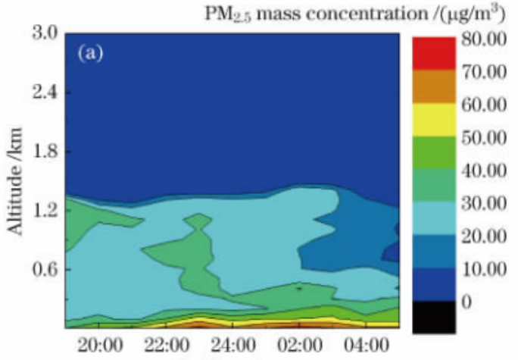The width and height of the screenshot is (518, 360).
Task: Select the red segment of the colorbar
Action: (x=434, y=53)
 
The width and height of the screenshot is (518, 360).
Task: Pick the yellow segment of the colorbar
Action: (x=434, y=119)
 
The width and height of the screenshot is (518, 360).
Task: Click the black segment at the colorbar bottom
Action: (x=434, y=318)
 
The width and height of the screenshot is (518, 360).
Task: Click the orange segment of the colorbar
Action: (x=434, y=86)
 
